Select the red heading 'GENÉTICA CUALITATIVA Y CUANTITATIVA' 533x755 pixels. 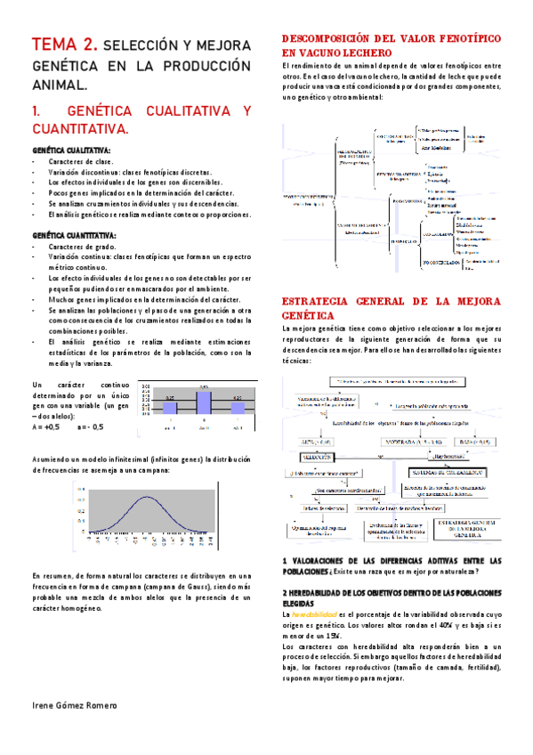pos(141,120)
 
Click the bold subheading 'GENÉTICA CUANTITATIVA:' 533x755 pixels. pos(75,236)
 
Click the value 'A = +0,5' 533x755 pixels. pos(45,426)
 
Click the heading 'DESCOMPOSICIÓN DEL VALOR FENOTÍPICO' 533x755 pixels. pos(390,40)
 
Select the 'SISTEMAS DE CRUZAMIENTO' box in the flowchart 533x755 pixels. pos(439,471)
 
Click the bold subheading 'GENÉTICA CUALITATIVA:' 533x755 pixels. pos(72,151)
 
